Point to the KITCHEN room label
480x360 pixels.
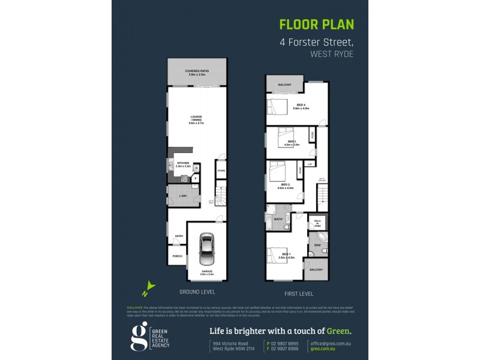(x=183, y=163)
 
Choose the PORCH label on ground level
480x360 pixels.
(x=178, y=257)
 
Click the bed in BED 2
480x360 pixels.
(x=278, y=172)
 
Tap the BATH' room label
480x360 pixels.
(x=278, y=220)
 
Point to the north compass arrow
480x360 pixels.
(x=149, y=289)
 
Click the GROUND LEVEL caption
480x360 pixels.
(x=197, y=292)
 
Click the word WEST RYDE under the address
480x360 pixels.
(x=332, y=54)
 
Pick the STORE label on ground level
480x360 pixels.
(x=221, y=171)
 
